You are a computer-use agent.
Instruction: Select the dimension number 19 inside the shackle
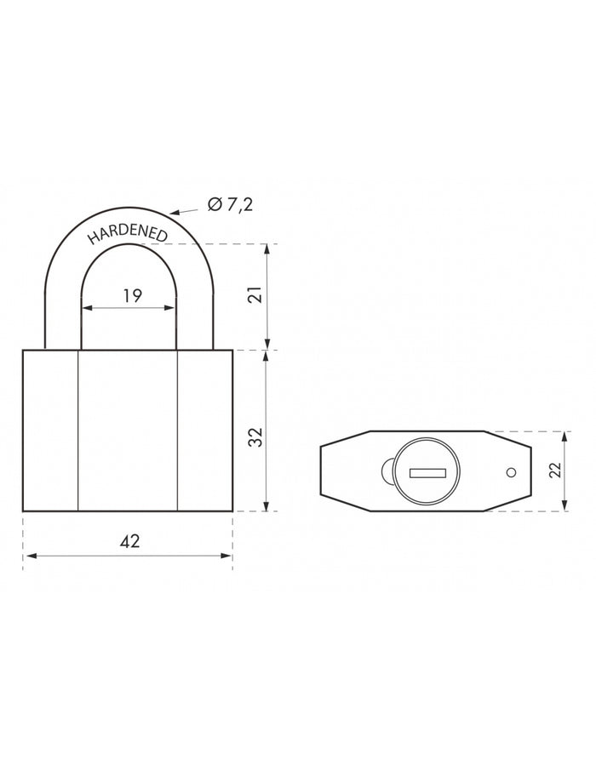131,295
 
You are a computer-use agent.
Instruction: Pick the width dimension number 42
129,541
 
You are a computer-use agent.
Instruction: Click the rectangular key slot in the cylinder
427,473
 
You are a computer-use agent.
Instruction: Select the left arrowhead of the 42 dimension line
29,556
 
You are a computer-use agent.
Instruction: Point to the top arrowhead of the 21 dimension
268,249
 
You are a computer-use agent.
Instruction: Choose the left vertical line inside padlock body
77,430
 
